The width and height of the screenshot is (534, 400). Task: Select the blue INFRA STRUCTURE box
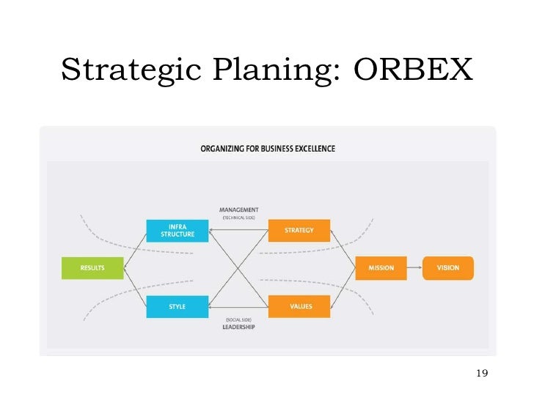[x=178, y=231]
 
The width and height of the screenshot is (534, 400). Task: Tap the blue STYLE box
[x=178, y=306]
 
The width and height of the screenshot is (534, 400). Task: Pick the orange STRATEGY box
[x=299, y=231]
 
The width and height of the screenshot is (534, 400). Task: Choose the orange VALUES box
[x=299, y=306]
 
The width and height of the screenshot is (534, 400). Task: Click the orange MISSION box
[x=381, y=268]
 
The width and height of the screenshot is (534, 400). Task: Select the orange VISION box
[x=448, y=268]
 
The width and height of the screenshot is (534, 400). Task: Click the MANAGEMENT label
[x=238, y=210]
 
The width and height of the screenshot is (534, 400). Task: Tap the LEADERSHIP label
[x=238, y=327]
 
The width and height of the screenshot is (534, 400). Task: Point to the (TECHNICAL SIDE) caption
[x=238, y=218]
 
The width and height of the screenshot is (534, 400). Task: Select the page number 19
[x=482, y=374]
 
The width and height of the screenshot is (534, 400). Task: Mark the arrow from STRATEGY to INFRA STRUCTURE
[x=238, y=231]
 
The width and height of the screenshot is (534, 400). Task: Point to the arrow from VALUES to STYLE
[x=238, y=306]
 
